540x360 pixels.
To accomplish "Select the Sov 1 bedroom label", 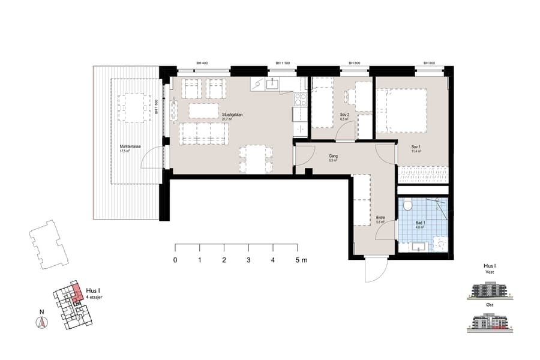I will (416, 147).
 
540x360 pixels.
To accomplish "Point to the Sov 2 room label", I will (344, 115).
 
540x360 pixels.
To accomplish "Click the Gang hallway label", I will (333, 155).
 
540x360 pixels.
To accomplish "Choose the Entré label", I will (380, 218).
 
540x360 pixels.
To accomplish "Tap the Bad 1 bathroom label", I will (421, 223).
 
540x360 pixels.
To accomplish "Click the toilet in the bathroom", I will (408, 206).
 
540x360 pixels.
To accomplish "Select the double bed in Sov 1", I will (401, 110).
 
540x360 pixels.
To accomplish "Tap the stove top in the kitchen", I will (300, 100).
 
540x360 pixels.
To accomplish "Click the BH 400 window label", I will (202, 63).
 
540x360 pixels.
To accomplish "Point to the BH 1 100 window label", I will (283, 63).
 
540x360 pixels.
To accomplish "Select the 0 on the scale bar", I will (175, 260).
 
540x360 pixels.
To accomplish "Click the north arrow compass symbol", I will (41, 322).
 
